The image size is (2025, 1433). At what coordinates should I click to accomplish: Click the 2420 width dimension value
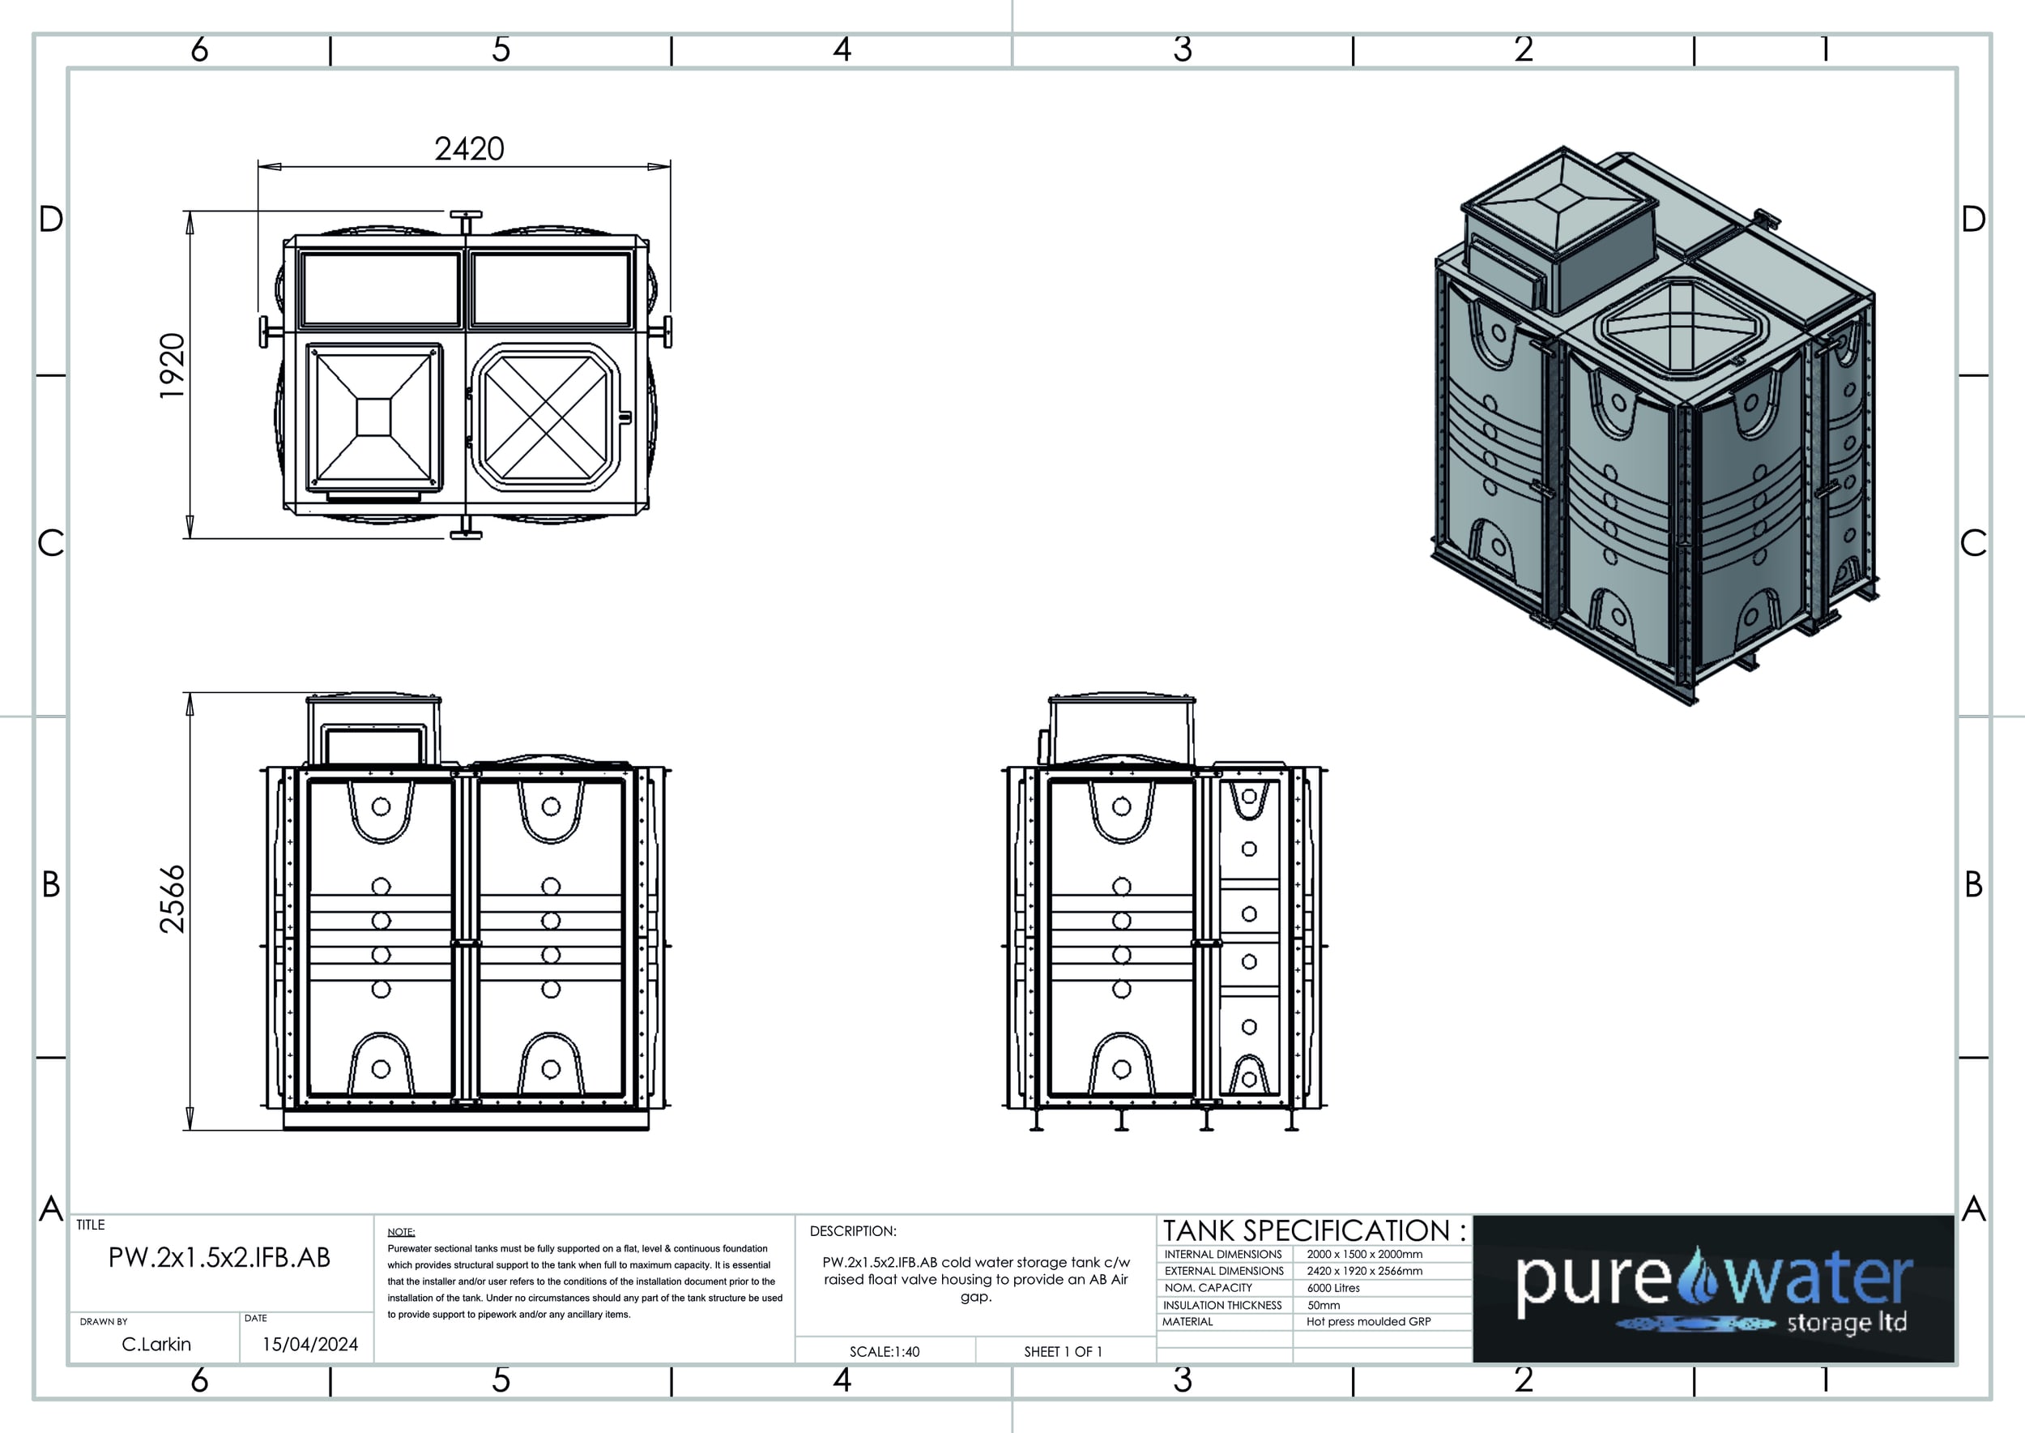point(469,148)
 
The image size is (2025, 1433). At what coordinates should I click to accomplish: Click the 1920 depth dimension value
point(172,366)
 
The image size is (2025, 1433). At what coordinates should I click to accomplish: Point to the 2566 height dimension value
point(172,898)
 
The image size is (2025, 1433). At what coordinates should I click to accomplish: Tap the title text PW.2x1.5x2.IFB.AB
point(219,1257)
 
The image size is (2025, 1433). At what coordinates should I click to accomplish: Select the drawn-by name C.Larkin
point(156,1344)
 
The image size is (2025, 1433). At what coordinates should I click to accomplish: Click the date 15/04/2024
point(309,1344)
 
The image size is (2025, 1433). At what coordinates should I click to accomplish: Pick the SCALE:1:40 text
point(885,1352)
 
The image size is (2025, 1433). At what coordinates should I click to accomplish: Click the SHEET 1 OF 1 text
point(1063,1352)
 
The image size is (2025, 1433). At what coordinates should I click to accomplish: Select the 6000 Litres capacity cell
point(1333,1288)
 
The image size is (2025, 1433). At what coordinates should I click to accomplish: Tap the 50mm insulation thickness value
point(1323,1305)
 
